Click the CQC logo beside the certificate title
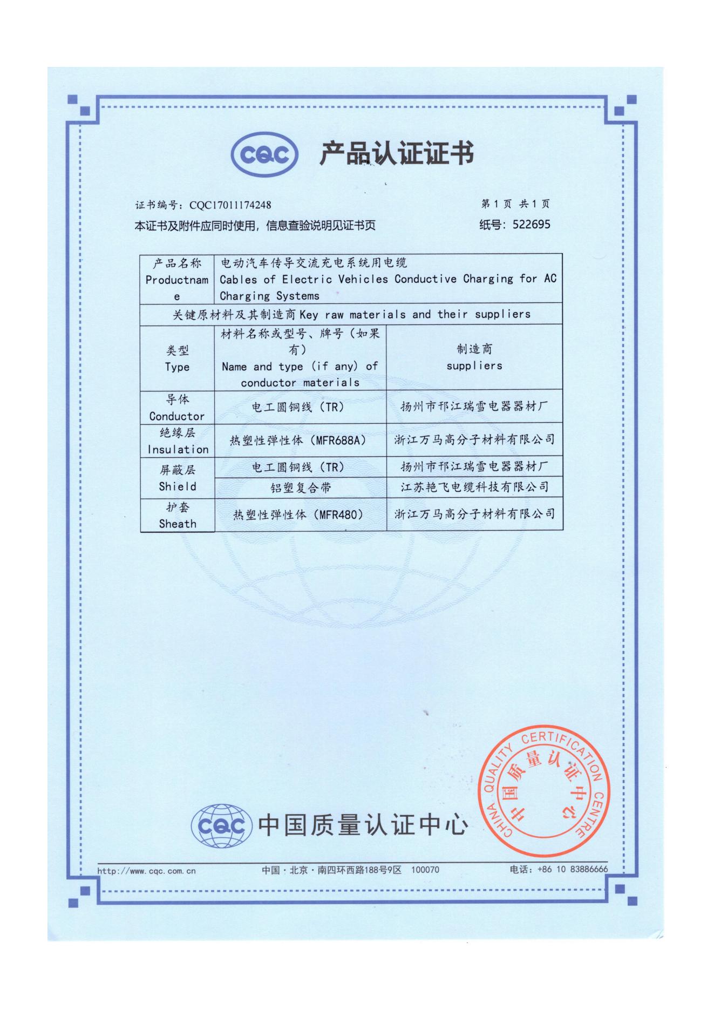click(264, 155)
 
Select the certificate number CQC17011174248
click(229, 205)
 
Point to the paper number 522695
click(531, 225)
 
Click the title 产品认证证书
click(397, 154)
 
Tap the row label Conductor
click(177, 416)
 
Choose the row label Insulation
click(178, 449)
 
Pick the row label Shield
click(177, 486)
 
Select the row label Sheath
click(177, 524)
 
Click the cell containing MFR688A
click(300, 440)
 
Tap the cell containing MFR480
click(300, 514)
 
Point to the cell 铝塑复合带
click(300, 488)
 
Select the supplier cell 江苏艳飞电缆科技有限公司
click(474, 487)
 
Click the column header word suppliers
click(474, 366)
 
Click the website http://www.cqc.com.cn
click(146, 871)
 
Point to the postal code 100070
click(425, 870)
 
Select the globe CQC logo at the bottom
click(222, 826)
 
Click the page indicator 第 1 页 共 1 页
click(515, 204)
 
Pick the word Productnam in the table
click(176, 280)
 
